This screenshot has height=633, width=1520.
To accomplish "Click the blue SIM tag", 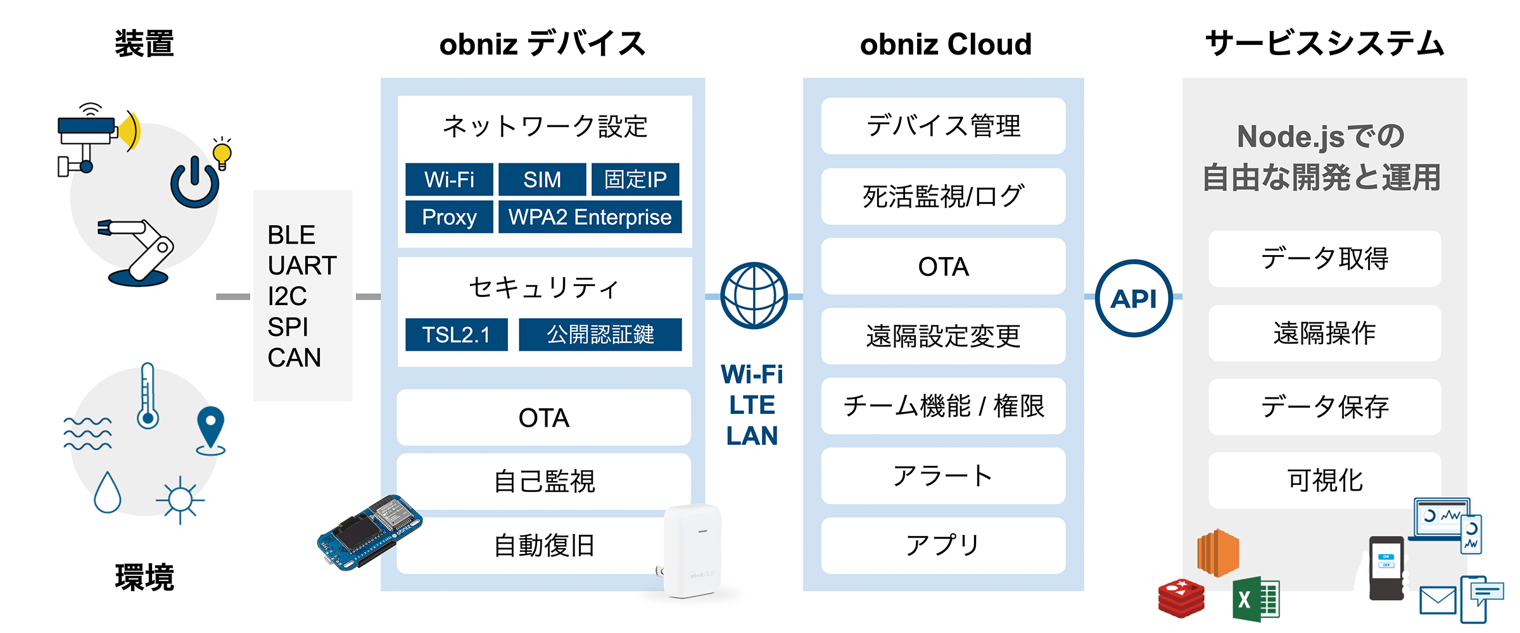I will pyautogui.click(x=542, y=180).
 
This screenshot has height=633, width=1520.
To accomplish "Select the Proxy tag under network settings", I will pyautogui.click(x=449, y=217).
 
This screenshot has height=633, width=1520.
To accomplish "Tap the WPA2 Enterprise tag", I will pyautogui.click(x=590, y=217).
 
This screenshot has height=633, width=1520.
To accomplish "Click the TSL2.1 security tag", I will pyautogui.click(x=456, y=334).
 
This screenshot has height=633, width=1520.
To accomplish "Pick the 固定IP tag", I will pyautogui.click(x=635, y=180).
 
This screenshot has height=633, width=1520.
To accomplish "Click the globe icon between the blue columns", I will pyautogui.click(x=754, y=296).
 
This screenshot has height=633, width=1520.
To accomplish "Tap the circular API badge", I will pyautogui.click(x=1134, y=298).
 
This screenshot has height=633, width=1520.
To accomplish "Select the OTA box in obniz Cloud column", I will pyautogui.click(x=943, y=266).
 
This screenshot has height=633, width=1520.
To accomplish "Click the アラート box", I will pyautogui.click(x=943, y=476).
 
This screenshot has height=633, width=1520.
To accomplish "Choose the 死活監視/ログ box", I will pyautogui.click(x=943, y=196).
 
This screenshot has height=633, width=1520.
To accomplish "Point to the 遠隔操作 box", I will pyautogui.click(x=1324, y=333).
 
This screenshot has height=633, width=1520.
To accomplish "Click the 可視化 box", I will pyautogui.click(x=1324, y=480).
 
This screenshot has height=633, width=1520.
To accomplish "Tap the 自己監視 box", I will pyautogui.click(x=543, y=481).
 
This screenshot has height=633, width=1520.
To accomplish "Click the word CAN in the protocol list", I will pyautogui.click(x=294, y=358).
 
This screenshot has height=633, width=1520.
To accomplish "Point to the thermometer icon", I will pyautogui.click(x=148, y=396).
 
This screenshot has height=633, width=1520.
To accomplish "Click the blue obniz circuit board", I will pyautogui.click(x=370, y=532).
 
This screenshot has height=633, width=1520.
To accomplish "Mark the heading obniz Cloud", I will pyautogui.click(x=946, y=44).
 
